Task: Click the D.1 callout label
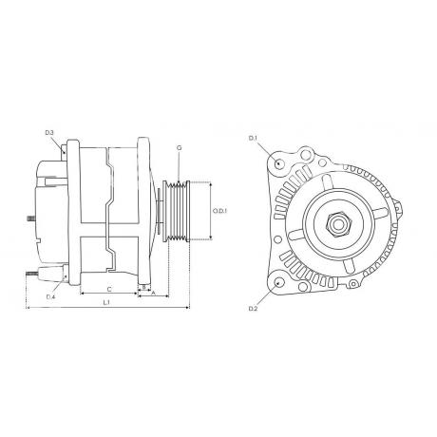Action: click(x=253, y=138)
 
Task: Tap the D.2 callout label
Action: click(x=254, y=309)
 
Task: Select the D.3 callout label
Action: click(x=49, y=132)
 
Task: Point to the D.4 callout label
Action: click(x=50, y=296)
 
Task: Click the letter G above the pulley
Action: click(x=180, y=147)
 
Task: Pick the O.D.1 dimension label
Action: click(x=220, y=211)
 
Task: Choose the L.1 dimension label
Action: click(x=106, y=302)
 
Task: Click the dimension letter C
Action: click(x=109, y=289)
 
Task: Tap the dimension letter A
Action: click(x=153, y=293)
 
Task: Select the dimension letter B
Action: click(x=143, y=287)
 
